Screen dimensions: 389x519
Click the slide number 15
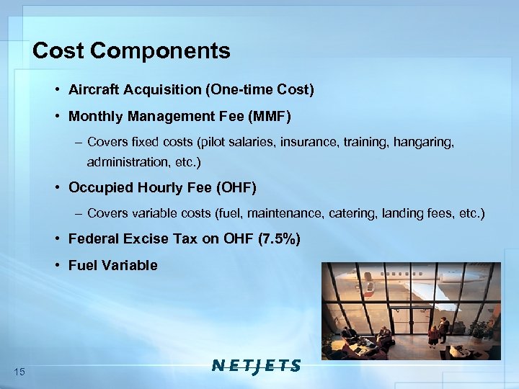click(19, 371)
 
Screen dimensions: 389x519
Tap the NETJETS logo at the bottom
click(257, 365)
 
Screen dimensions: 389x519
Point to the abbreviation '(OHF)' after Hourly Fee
click(236, 188)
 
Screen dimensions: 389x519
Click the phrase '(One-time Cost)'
click(260, 90)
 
